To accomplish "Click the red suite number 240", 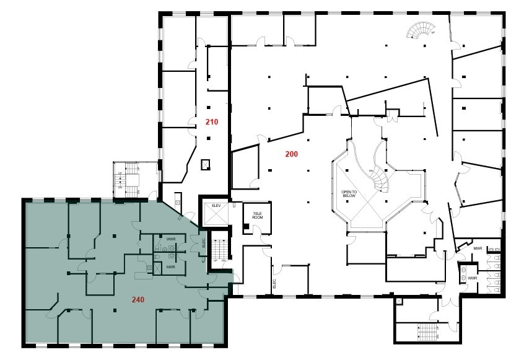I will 138,299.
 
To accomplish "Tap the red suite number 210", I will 212,122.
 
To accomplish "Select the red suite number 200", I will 292,154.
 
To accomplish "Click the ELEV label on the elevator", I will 217,206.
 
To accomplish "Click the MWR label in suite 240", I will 171,268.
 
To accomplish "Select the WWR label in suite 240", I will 171,239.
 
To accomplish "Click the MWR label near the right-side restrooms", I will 478,248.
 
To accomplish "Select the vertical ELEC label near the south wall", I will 274,284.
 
